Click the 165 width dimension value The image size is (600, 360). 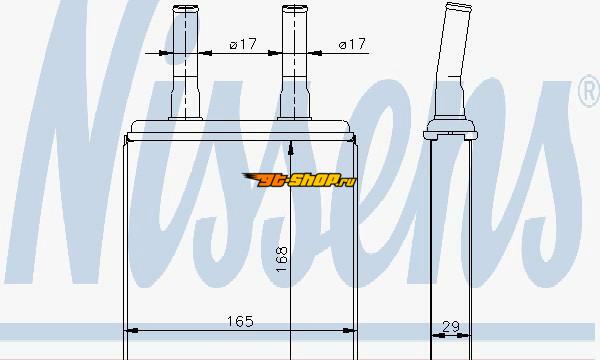(240, 321)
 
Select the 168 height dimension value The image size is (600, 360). (282, 259)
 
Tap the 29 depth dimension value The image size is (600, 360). (451, 327)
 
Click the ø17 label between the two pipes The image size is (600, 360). (243, 44)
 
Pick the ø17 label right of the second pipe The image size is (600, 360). (352, 44)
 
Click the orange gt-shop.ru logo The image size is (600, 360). (299, 180)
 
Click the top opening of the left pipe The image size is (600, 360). (186, 8)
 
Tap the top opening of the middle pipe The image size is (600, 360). (295, 8)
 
